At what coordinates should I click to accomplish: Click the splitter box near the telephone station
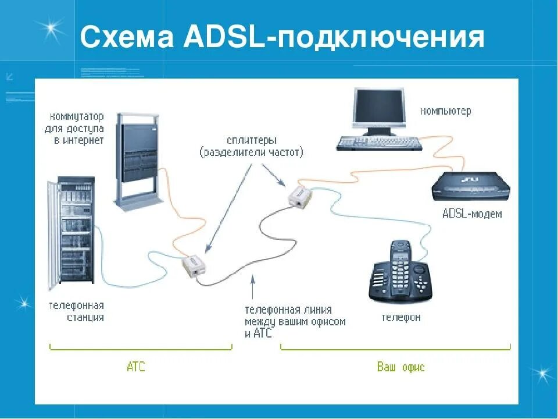point(193,266)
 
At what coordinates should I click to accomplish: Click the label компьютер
point(446,111)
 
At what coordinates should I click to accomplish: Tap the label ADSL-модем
point(471,214)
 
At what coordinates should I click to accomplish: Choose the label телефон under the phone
point(400,318)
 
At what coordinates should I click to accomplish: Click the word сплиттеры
point(252,140)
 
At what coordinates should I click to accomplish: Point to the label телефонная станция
point(76,311)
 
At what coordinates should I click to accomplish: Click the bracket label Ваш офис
point(400,367)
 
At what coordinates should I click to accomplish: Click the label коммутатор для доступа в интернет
point(74,128)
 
